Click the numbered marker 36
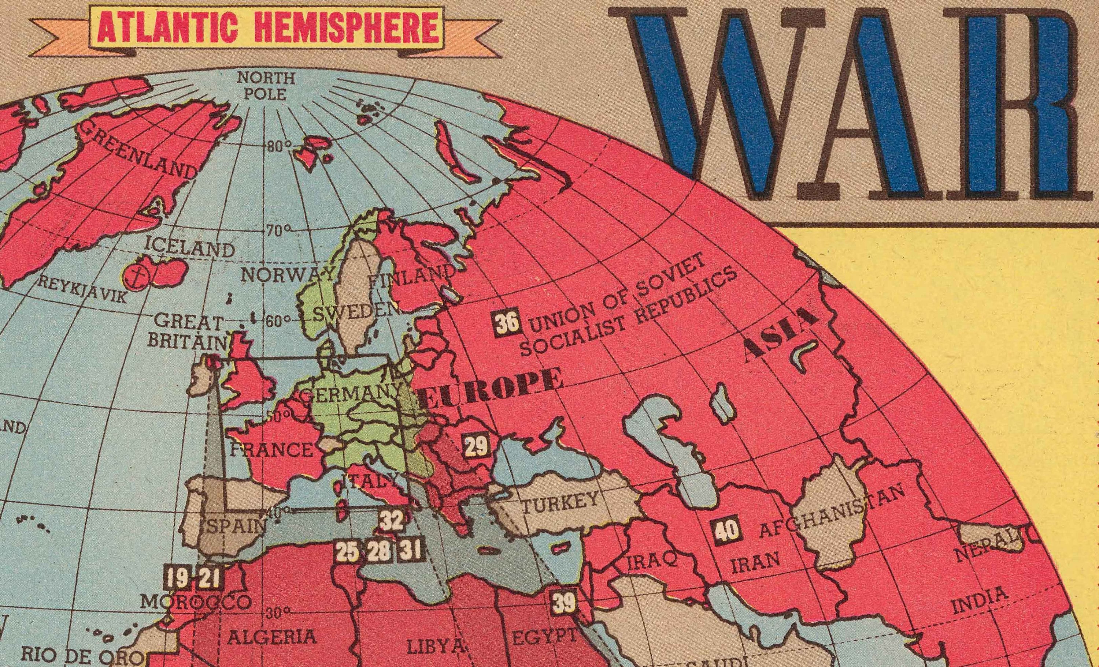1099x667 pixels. tap(507, 323)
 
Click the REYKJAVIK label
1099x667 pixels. tap(82, 290)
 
